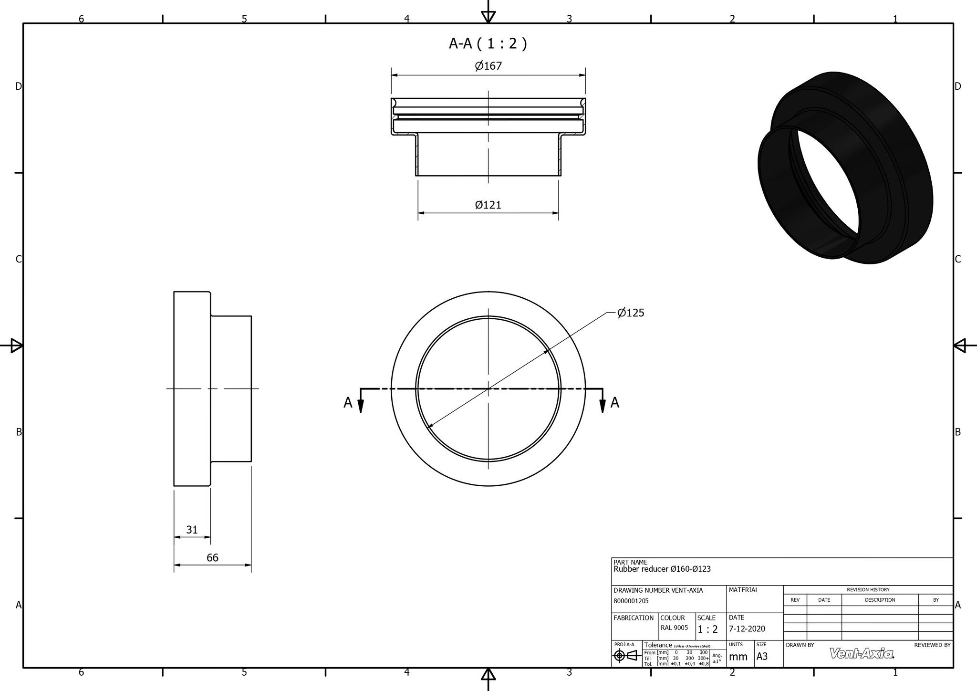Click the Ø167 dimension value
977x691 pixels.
[x=488, y=66]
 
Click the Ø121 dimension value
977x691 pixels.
[x=488, y=205]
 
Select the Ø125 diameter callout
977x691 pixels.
[x=630, y=313]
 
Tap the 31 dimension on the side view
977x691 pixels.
[x=192, y=530]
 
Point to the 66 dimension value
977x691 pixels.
[x=212, y=558]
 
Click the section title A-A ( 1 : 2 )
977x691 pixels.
[x=488, y=44]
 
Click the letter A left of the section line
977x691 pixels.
[x=348, y=403]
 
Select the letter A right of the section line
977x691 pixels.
[x=615, y=403]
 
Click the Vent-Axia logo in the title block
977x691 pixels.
[x=862, y=653]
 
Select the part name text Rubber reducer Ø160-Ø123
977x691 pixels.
[x=662, y=569]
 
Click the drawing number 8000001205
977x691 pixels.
[x=631, y=601]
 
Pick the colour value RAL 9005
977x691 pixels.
[x=674, y=628]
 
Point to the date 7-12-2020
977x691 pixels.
[x=747, y=629]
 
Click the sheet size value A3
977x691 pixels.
[x=762, y=657]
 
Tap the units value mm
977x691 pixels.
[x=738, y=657]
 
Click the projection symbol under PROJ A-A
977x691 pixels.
[x=626, y=656]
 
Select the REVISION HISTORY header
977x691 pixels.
[x=868, y=590]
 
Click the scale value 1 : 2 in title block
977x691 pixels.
[x=707, y=629]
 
